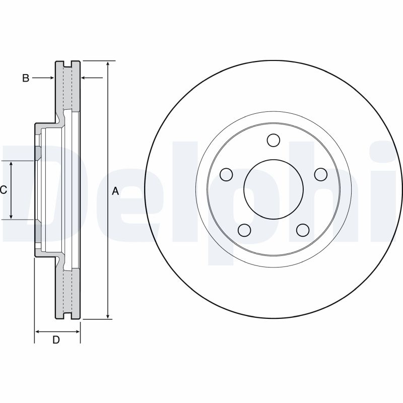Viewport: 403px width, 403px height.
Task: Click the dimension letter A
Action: coord(115,191)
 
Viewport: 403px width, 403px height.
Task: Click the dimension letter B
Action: coord(26,78)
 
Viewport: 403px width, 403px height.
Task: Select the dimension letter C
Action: coord(3,190)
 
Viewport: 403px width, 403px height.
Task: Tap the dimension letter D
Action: coord(56,340)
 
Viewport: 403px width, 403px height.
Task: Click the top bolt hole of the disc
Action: coord(273,140)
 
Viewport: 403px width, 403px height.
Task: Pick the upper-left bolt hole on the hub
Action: coord(227,174)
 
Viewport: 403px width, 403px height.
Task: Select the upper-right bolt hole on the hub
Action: coord(320,174)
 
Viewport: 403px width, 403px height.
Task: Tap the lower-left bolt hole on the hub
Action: coord(244,230)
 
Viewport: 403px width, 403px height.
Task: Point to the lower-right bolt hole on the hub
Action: coord(302,230)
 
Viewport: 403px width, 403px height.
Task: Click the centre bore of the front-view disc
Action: coord(273,189)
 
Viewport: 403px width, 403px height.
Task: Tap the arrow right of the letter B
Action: coord(51,78)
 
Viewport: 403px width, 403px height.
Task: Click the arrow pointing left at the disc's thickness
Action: coord(84,78)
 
